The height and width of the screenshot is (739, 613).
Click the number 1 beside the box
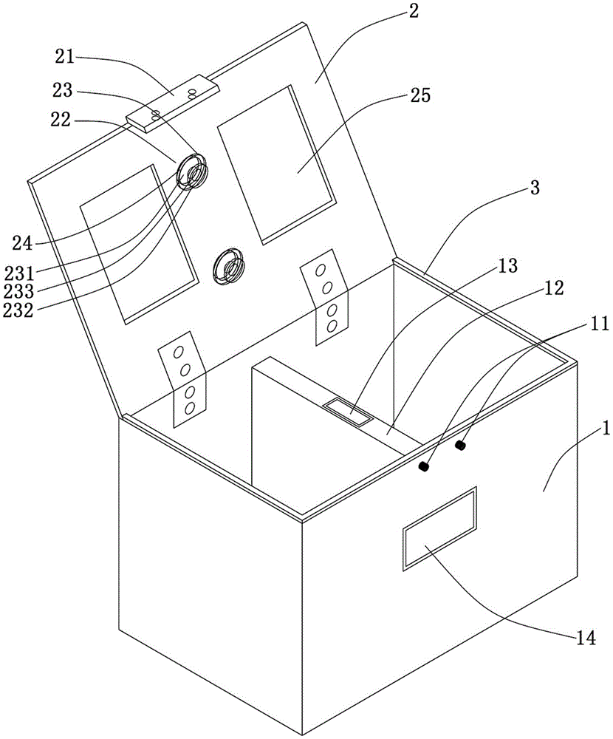click(x=586, y=430)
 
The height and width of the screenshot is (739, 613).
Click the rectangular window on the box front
click(x=439, y=528)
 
